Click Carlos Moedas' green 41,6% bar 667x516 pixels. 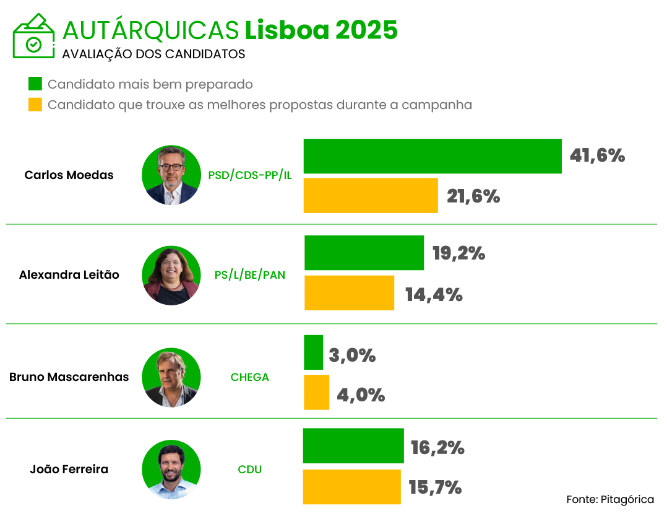432,156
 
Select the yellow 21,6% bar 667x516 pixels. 371,196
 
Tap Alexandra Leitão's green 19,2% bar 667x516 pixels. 364,253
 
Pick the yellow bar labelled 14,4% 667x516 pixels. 349,293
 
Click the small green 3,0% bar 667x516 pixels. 313,352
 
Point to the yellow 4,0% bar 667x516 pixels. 316,392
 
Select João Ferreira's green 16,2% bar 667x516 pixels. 353,446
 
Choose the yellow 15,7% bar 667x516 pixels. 351,487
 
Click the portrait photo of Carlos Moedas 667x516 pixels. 171,175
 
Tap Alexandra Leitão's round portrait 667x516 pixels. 171,275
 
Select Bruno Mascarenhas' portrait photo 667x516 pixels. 171,377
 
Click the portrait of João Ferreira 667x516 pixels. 171,470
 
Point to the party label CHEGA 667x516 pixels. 250,377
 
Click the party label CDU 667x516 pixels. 250,470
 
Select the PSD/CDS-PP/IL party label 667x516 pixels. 250,175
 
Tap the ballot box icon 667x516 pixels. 33,36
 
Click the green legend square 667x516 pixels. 35,84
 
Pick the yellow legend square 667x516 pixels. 35,105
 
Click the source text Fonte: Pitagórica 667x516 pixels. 610,499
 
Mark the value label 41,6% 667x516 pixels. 597,156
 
